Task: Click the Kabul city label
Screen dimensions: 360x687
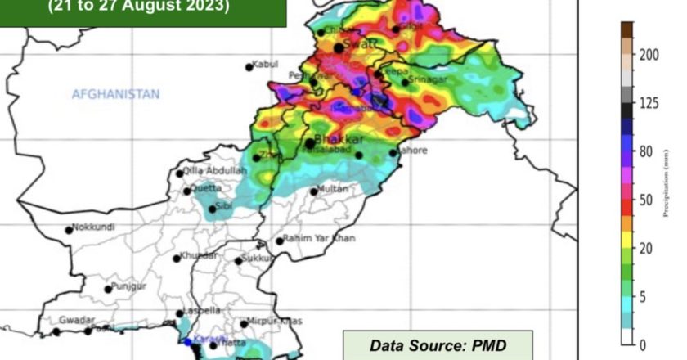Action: click(x=266, y=64)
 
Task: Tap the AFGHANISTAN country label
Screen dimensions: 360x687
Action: click(x=115, y=95)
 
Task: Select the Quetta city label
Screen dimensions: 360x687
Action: click(x=205, y=188)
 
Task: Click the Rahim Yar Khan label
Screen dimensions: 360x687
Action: click(x=320, y=239)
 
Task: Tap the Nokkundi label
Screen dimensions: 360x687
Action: click(x=94, y=228)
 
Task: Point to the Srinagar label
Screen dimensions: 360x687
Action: click(x=429, y=79)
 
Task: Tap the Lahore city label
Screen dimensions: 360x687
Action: click(x=412, y=151)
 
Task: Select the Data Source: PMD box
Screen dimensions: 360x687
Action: click(x=438, y=345)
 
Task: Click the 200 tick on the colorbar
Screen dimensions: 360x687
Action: click(x=649, y=54)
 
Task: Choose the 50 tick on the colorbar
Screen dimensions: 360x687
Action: click(x=647, y=199)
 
